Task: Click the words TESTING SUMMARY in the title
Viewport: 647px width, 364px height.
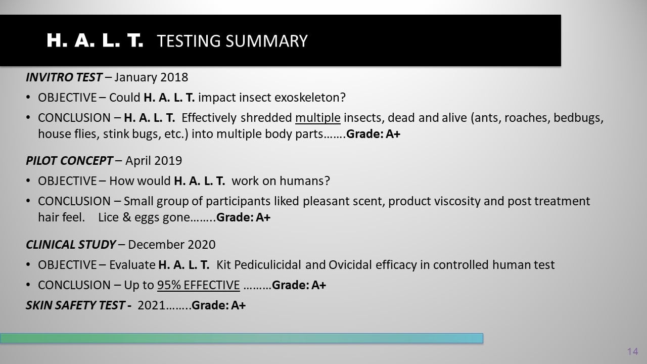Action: (232, 41)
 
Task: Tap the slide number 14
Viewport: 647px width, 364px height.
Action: (632, 351)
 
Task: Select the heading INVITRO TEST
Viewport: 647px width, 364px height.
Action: (64, 77)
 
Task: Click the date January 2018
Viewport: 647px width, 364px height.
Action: (151, 77)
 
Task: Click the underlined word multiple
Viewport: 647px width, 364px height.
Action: (318, 118)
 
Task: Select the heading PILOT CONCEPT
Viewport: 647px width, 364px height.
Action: (69, 161)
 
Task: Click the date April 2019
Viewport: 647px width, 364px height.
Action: (154, 161)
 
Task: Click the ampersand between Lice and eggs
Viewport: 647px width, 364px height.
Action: (126, 217)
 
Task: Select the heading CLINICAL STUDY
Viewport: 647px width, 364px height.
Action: (71, 245)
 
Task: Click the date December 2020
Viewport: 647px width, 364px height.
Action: (171, 245)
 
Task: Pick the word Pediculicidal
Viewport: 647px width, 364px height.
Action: (267, 265)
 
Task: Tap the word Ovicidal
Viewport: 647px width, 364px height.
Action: (350, 265)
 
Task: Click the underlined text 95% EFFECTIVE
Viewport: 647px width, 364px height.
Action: (199, 285)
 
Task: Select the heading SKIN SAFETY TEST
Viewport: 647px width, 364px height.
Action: (75, 305)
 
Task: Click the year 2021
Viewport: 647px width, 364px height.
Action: (151, 305)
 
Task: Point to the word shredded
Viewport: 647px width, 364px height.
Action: (266, 118)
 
